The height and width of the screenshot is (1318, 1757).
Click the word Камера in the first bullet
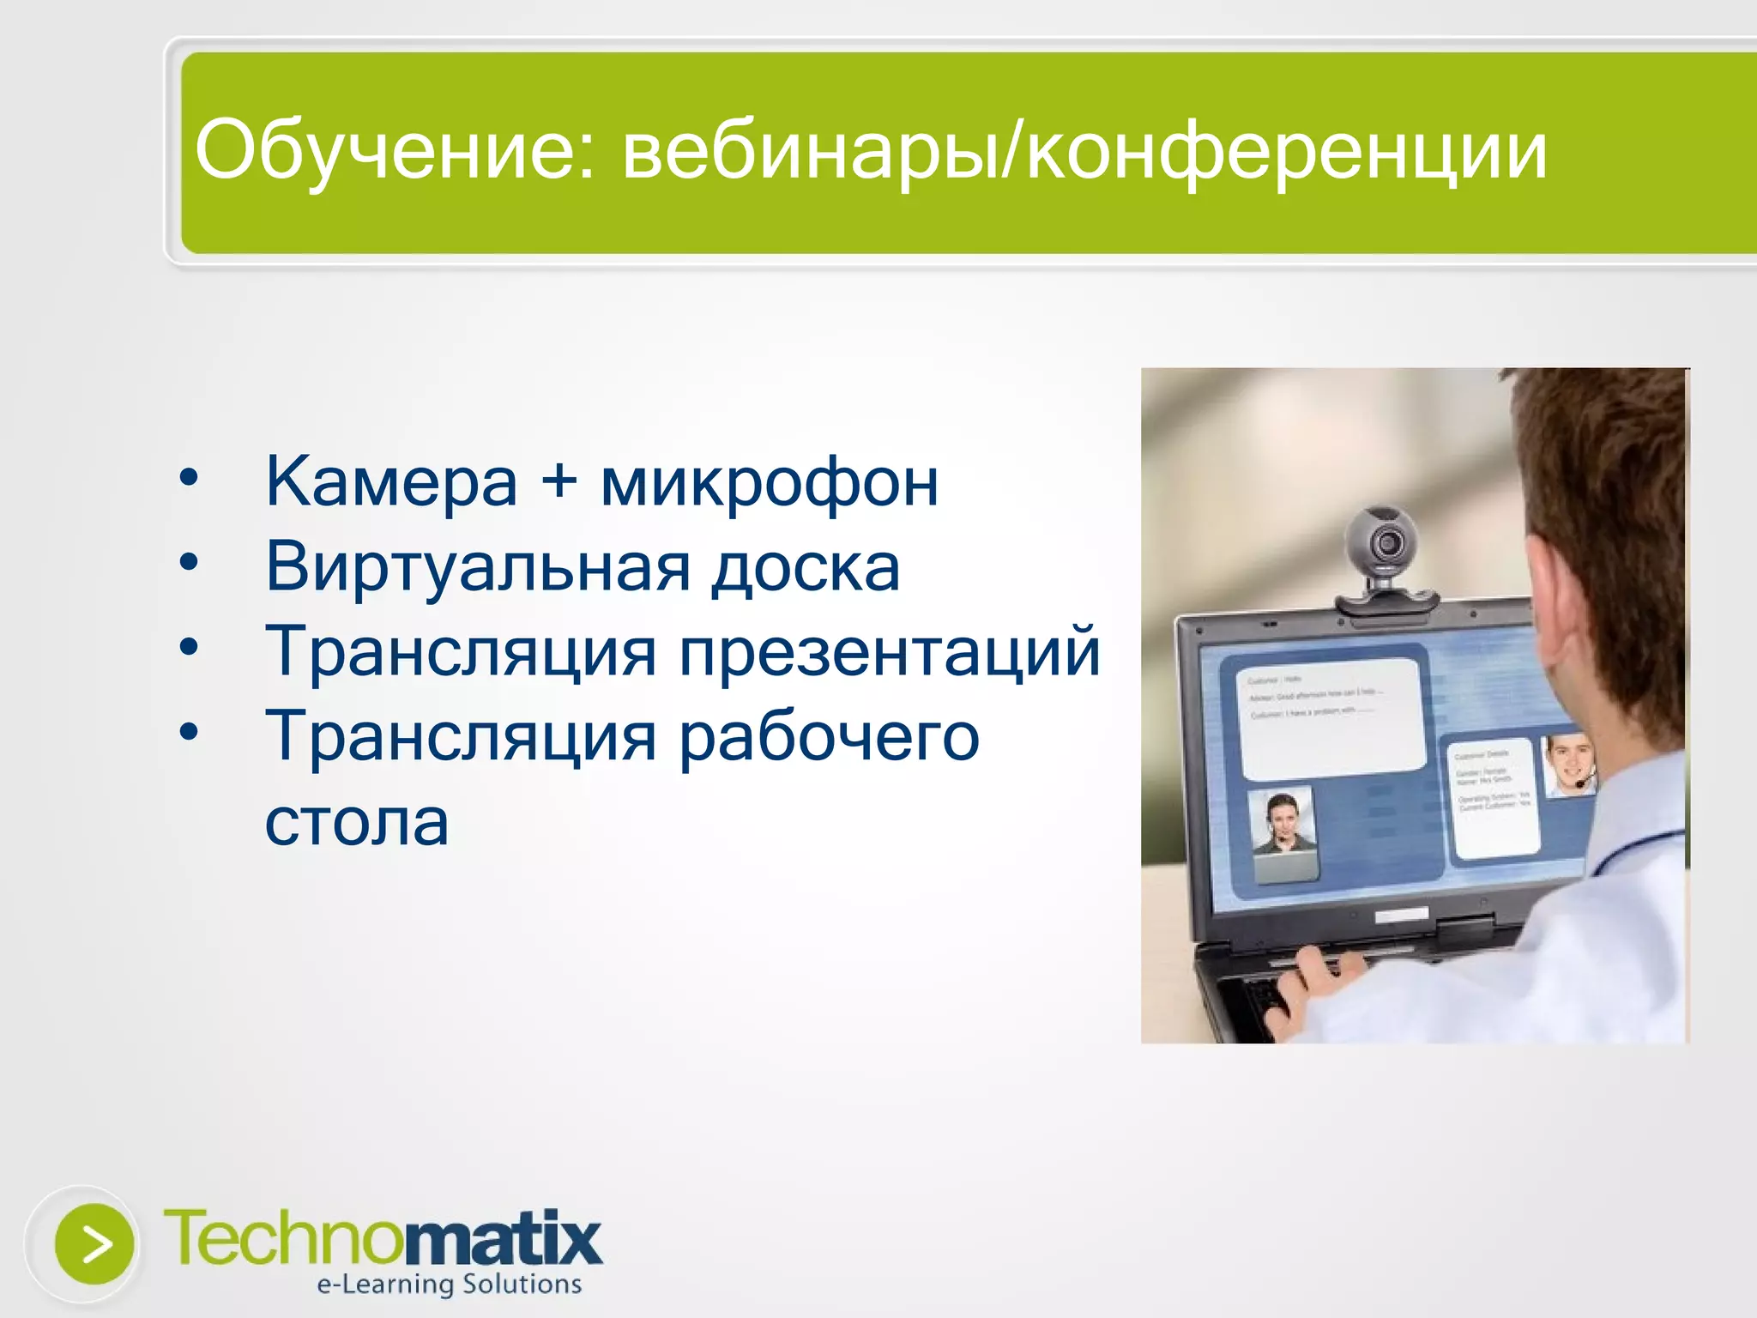point(391,482)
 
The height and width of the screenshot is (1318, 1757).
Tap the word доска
point(806,568)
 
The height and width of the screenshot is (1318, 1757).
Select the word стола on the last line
point(357,822)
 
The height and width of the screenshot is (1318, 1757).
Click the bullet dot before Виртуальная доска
point(189,562)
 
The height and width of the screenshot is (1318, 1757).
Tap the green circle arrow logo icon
point(94,1244)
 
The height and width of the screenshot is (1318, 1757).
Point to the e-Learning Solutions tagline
point(449,1285)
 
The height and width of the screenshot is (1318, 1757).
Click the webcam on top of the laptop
point(1383,549)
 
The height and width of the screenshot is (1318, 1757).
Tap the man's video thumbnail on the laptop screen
point(1568,765)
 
